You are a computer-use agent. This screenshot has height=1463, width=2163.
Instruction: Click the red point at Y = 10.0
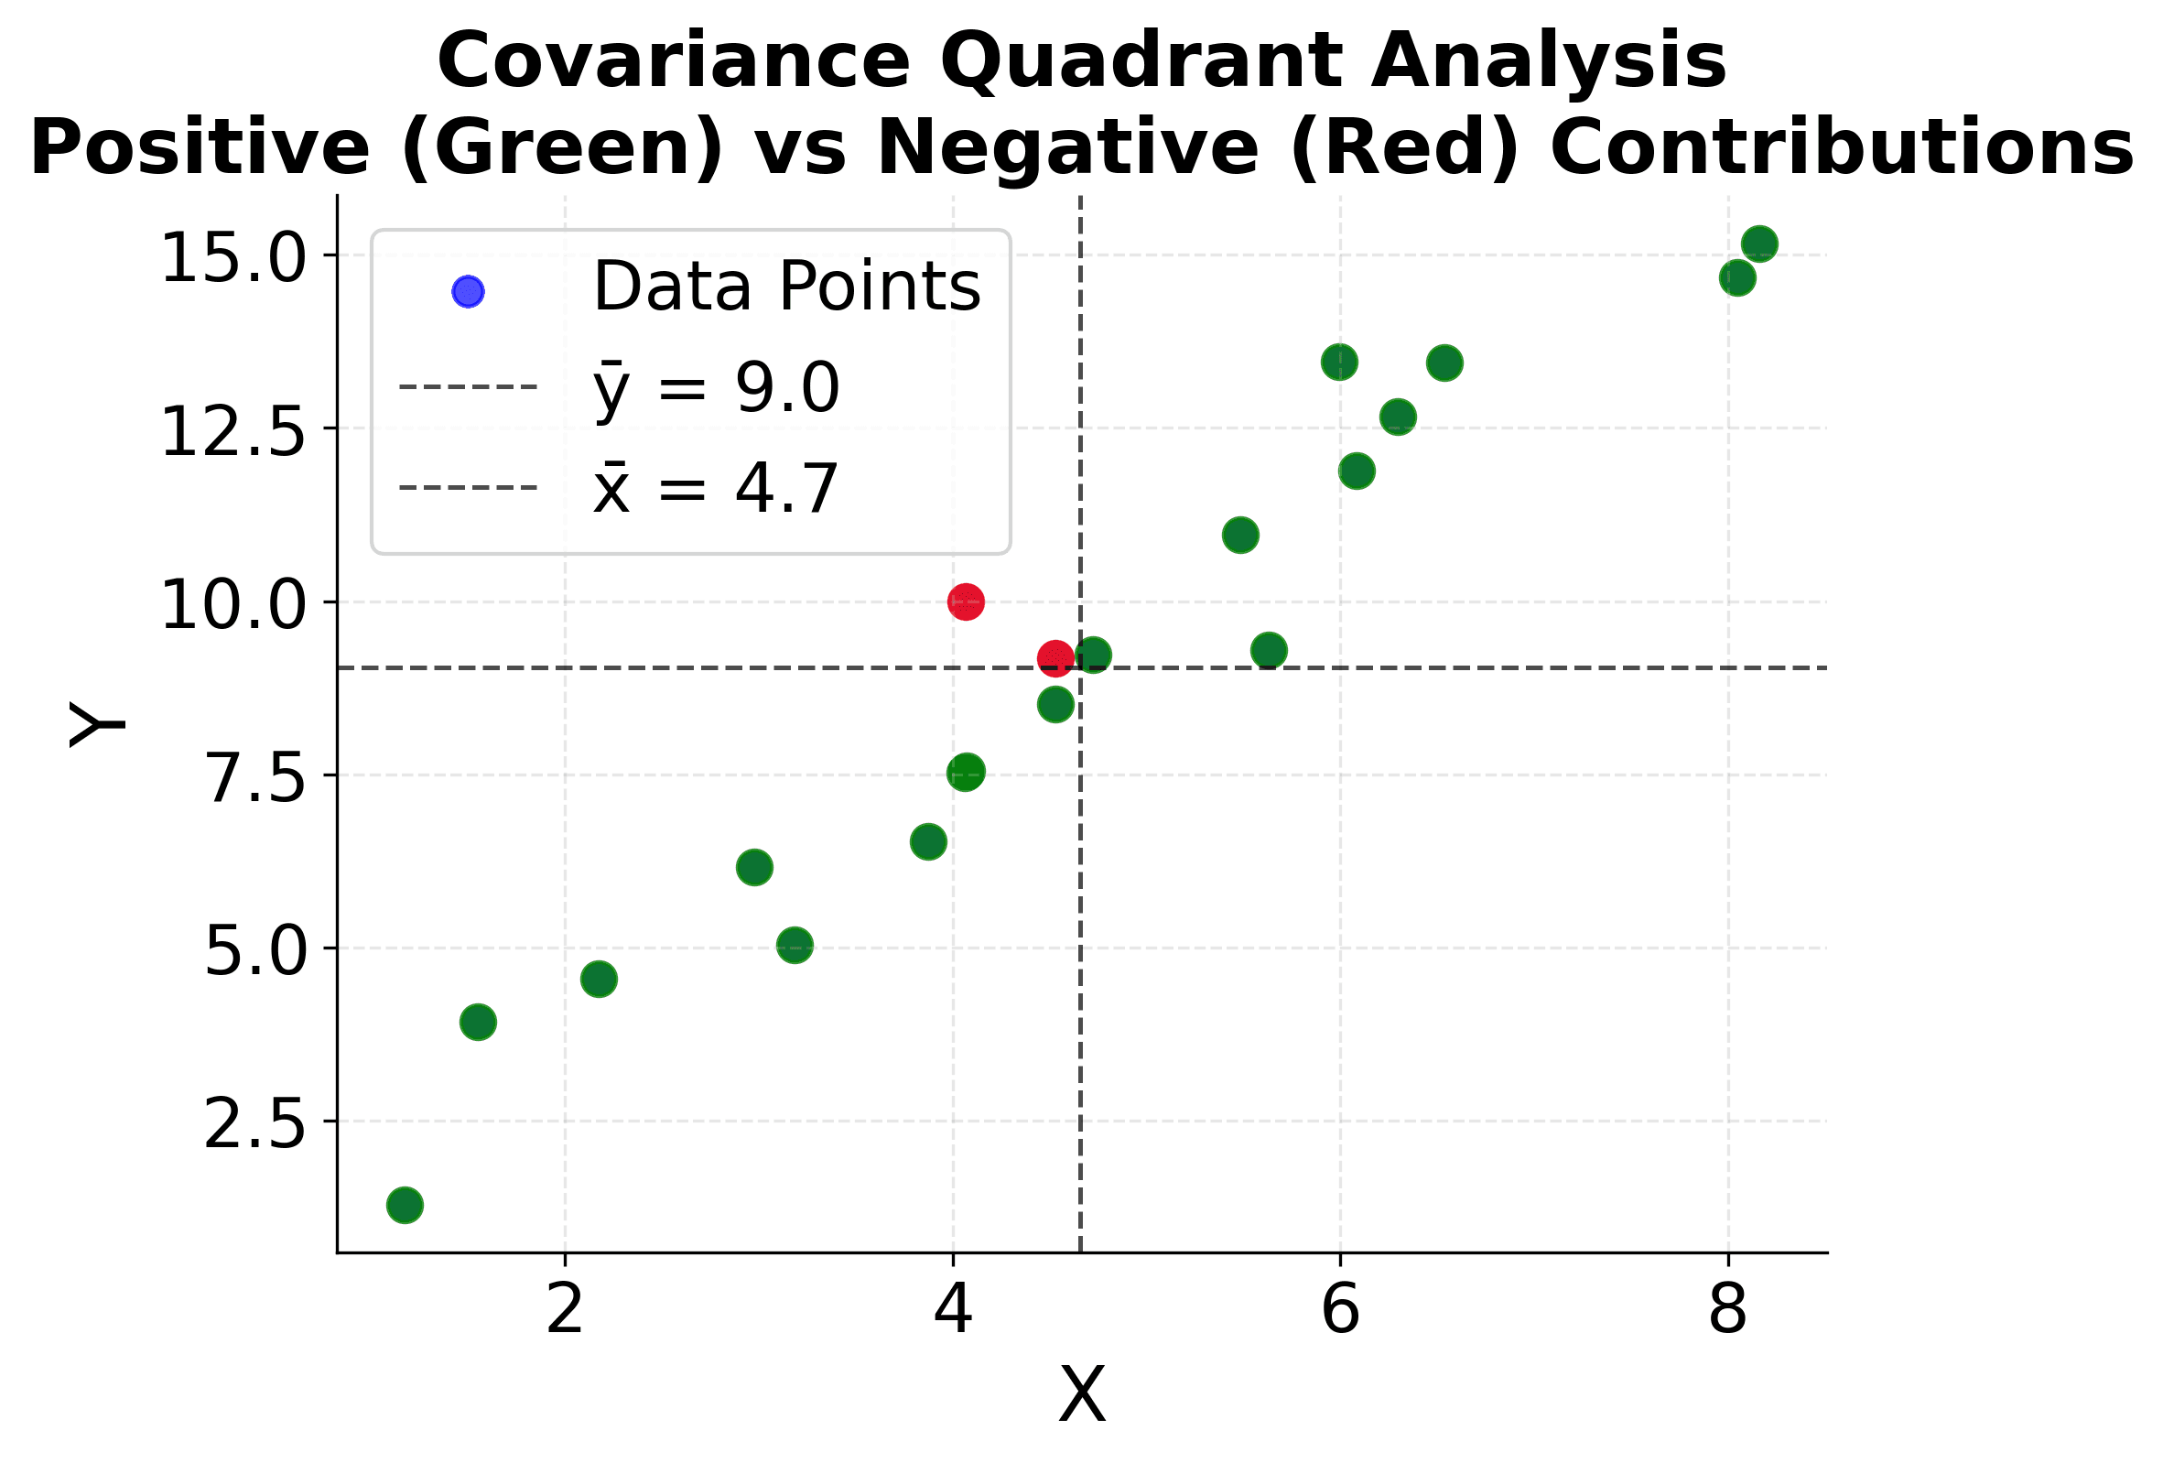(965, 601)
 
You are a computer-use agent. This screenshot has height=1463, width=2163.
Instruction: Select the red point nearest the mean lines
(1054, 658)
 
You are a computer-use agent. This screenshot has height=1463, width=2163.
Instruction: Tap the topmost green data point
(1759, 244)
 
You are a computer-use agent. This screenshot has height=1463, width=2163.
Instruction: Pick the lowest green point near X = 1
(404, 1205)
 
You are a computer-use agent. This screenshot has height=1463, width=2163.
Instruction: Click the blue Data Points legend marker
(467, 291)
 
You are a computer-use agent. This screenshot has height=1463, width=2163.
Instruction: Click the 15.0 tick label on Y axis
(233, 258)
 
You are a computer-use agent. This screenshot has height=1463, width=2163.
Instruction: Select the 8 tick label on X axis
(1727, 1310)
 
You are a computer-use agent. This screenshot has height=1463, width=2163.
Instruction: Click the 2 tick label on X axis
(565, 1310)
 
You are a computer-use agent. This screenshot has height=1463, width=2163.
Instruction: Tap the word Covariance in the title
(673, 61)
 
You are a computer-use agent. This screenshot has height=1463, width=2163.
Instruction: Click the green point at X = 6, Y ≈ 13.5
(1338, 361)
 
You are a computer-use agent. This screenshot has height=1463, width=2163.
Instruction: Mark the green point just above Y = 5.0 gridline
(794, 946)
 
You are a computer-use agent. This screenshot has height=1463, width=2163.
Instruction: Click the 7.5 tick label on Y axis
(254, 778)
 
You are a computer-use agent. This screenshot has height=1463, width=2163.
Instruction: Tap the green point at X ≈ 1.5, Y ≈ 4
(478, 1022)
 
